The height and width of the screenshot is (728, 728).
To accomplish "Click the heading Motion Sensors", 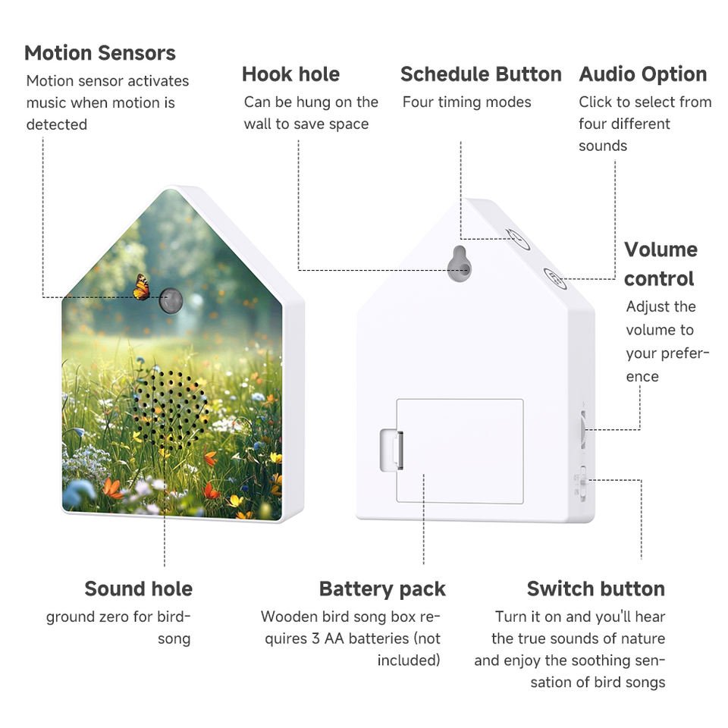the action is [x=99, y=53].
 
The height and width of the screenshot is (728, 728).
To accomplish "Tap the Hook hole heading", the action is [x=290, y=74].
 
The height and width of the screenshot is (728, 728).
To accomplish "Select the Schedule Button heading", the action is [x=481, y=74].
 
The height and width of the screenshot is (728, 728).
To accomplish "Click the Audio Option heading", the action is [x=642, y=74].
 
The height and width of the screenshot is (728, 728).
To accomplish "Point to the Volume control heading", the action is [x=660, y=264].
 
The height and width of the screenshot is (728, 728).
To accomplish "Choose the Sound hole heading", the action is [x=138, y=588].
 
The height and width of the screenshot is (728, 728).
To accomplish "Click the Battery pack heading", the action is [x=382, y=588].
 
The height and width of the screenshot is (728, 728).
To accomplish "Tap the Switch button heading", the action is [x=595, y=588].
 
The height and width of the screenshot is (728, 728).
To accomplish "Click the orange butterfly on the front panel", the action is [x=141, y=287].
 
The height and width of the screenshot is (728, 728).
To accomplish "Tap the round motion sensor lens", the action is [x=171, y=300].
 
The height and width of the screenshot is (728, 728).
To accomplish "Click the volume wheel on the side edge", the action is [x=582, y=428].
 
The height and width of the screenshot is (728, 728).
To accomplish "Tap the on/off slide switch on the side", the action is [x=582, y=483].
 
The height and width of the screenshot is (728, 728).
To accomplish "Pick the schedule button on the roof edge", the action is [x=518, y=240].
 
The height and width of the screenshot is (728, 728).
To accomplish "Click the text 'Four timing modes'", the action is [x=466, y=102].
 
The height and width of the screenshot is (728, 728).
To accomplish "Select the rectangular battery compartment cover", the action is [x=460, y=450].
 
